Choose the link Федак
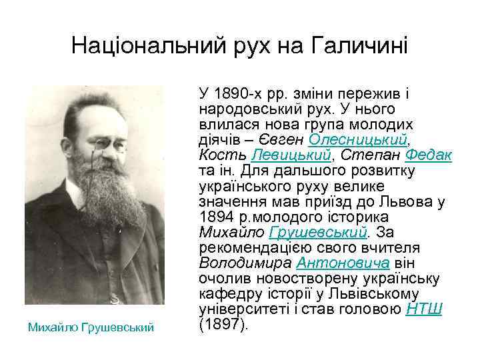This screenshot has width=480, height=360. [429, 155]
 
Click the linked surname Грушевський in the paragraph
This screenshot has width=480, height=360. [317, 232]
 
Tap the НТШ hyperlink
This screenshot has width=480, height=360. [425, 309]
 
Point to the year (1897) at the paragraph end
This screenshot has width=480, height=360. [223, 325]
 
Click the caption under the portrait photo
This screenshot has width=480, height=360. [91, 327]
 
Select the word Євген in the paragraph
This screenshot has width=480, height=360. [285, 139]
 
